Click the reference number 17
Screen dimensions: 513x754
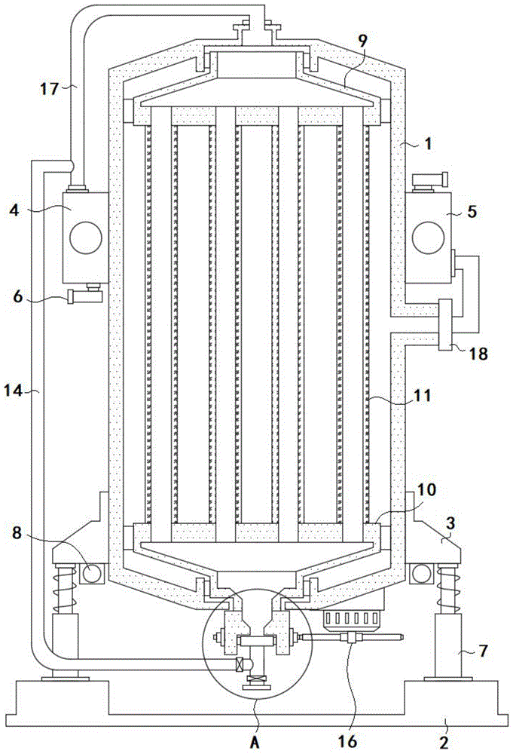click(x=50, y=90)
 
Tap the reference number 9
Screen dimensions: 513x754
click(x=362, y=41)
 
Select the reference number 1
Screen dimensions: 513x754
click(x=429, y=143)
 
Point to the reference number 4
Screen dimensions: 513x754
click(x=15, y=209)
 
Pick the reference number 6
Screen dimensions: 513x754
click(x=18, y=296)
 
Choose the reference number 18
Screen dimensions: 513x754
click(x=479, y=354)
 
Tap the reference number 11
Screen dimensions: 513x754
click(x=423, y=397)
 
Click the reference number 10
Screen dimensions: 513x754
click(x=427, y=490)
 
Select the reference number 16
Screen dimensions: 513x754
click(x=347, y=741)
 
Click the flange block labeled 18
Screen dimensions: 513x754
click(x=446, y=324)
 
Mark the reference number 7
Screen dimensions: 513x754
click(x=483, y=651)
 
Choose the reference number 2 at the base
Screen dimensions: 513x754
click(x=444, y=743)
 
